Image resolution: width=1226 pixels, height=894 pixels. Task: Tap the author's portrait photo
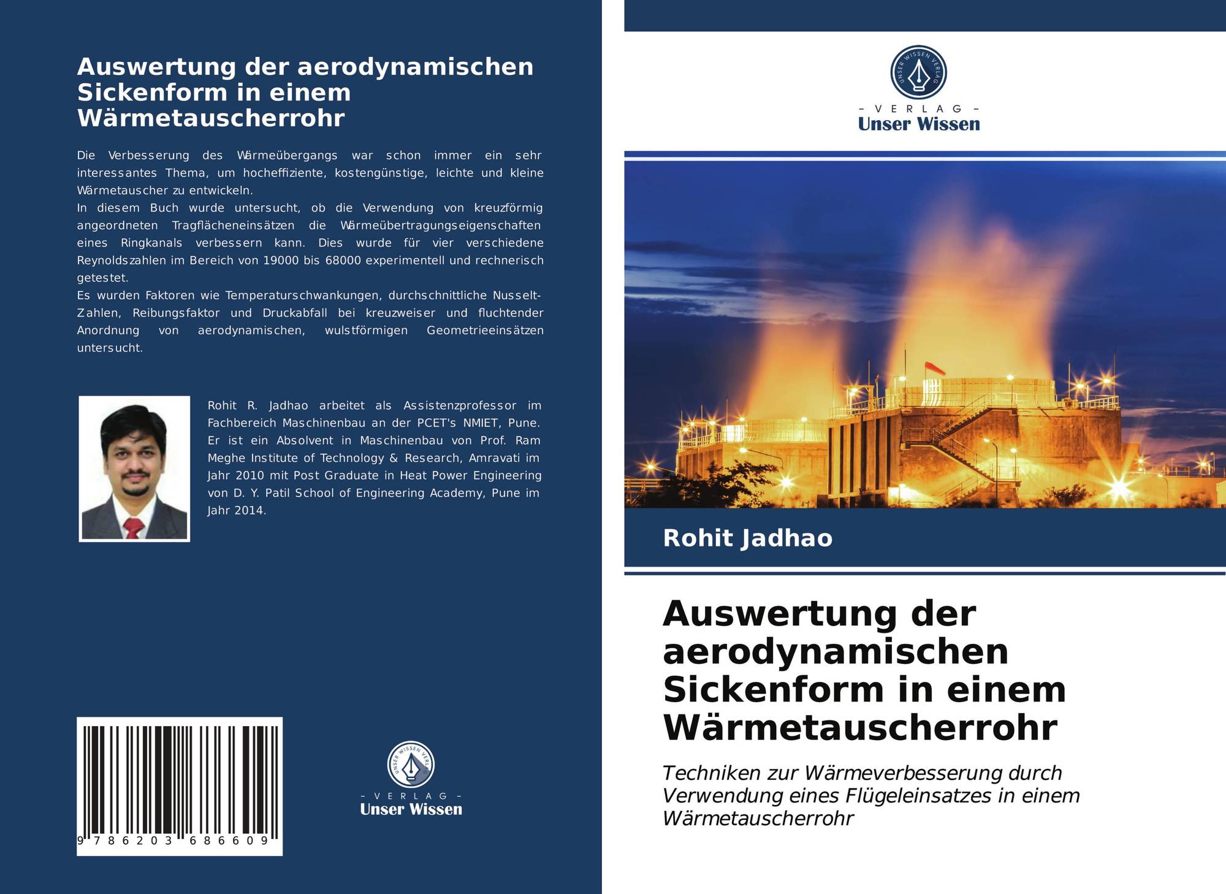coord(134,468)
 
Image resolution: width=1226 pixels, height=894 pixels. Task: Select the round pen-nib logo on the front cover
coord(918,72)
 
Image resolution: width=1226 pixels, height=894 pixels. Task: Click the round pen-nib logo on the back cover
coord(411,765)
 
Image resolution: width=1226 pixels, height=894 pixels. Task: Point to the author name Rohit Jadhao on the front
coord(747,538)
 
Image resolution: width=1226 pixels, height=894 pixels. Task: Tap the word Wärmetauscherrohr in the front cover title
coord(860,727)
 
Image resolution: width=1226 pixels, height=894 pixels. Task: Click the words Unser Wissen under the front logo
coord(918,124)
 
